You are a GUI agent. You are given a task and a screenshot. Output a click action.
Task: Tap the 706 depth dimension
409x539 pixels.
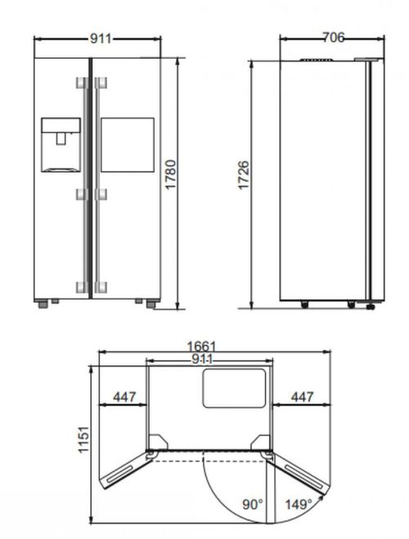coord(332,37)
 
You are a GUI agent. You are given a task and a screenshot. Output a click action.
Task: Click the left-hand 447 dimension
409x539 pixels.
coord(124,398)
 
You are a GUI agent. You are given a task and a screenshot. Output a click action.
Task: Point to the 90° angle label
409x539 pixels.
coord(252,505)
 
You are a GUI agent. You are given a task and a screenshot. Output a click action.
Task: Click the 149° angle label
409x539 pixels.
coord(298,505)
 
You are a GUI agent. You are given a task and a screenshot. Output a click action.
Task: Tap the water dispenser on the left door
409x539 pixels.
coord(61,144)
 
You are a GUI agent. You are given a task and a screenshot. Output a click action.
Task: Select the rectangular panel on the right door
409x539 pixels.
coord(127,144)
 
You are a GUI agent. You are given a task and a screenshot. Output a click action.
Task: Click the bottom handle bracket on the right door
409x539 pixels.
coord(101,285)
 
